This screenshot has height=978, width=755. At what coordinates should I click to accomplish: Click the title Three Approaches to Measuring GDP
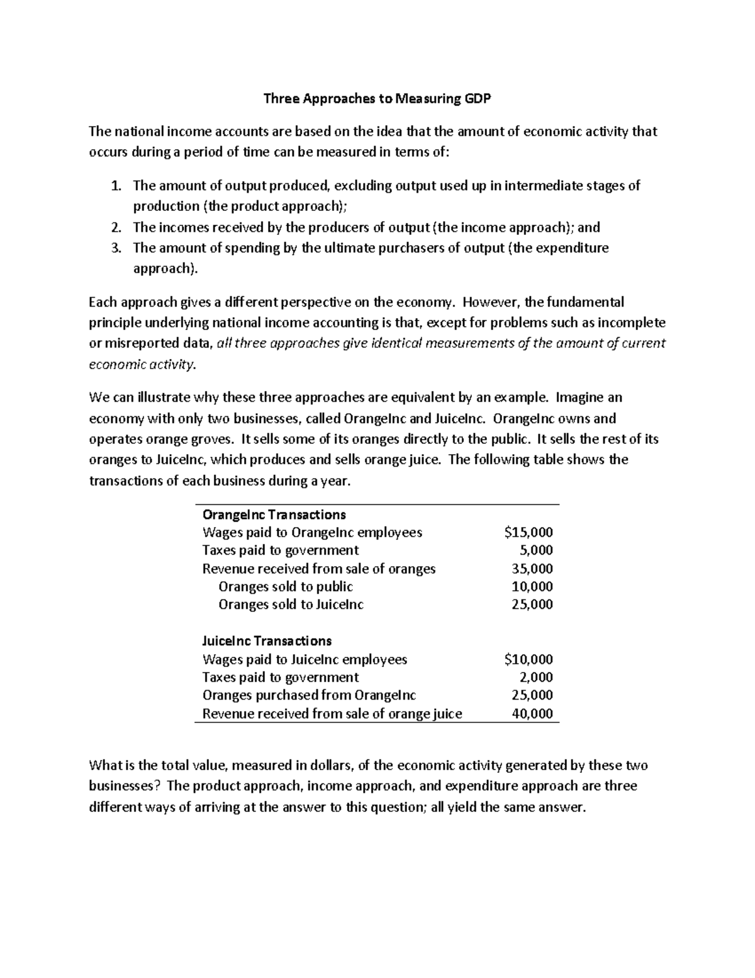coord(377,98)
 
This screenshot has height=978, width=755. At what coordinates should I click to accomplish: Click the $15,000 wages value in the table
coord(528,533)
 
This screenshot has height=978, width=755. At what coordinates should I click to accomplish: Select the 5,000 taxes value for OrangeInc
coord(536,550)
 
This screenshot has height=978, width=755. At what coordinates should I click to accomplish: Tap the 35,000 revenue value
coord(532,569)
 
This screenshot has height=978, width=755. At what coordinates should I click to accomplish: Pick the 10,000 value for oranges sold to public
coord(532,587)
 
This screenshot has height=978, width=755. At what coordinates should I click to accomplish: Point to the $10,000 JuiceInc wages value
coord(528,659)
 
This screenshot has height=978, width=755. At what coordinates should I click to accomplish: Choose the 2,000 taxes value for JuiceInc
coord(536,678)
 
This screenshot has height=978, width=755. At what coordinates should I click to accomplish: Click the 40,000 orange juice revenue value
coord(532,714)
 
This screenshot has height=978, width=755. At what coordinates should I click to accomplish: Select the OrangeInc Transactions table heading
coord(274,515)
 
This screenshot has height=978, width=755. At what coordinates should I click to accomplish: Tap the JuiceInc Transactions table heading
coord(267,641)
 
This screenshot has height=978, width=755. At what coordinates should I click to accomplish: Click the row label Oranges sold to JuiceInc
coord(291,605)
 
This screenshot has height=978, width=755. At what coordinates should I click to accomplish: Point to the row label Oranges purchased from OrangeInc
coord(309,695)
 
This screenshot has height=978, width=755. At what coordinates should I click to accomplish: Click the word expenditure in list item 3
coord(573,248)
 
